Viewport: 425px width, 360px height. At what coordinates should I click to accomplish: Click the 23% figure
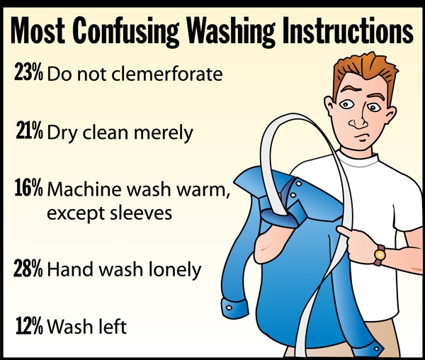[28, 72]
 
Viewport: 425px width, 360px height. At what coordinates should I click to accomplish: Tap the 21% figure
[29, 130]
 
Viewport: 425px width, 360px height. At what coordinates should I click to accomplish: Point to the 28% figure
[28, 268]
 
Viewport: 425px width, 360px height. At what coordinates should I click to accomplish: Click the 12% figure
[29, 325]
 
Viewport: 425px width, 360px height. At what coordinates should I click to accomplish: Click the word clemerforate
[167, 74]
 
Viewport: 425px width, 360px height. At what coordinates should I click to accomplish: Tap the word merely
[164, 133]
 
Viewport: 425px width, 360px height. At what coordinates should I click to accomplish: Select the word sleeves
[141, 213]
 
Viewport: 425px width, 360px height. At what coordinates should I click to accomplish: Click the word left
[112, 326]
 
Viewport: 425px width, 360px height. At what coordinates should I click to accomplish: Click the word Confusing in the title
[125, 31]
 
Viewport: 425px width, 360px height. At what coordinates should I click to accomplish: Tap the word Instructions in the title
[348, 30]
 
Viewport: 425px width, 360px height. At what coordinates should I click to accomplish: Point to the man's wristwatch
[380, 254]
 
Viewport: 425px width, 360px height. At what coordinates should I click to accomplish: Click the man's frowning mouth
[361, 136]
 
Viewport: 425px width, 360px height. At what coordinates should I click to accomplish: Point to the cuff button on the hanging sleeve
[229, 308]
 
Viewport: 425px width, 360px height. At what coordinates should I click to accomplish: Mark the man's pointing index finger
[344, 232]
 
